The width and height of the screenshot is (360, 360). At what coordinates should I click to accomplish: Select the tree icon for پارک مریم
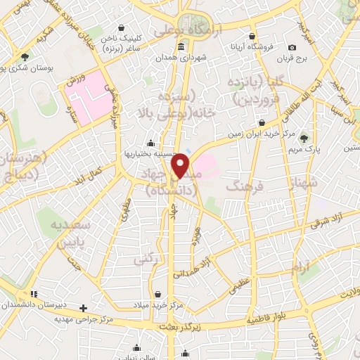[304, 138]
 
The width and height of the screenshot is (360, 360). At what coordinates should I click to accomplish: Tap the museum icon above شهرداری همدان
[181, 47]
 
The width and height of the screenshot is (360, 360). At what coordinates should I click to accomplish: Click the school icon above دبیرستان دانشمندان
[33, 294]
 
